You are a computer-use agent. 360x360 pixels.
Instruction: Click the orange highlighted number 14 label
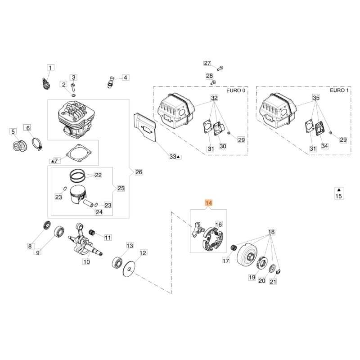pos(208,203)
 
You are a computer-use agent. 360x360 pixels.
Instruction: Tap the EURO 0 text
pos(238,91)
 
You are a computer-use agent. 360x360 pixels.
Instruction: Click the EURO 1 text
pos(339,91)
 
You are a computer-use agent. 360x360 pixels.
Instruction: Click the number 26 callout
pos(139,172)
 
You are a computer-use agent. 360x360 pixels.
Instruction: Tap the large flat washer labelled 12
pos(130,269)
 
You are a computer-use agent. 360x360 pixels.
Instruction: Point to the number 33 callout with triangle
pos(174,156)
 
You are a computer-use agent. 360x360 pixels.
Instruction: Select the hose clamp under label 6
pos(38,145)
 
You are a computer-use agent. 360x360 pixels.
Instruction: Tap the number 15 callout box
pos(339,196)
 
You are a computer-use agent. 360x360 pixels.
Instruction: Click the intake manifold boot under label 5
pos(19,147)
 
